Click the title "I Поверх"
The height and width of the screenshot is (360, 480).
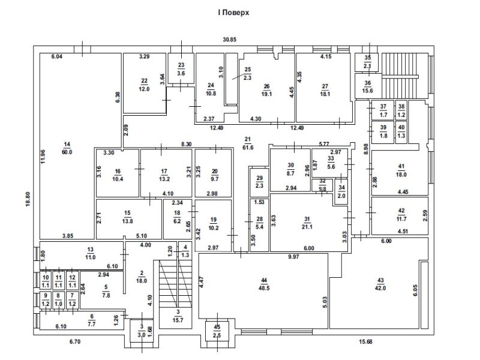[x=233, y=13]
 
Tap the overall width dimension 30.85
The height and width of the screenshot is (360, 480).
[x=230, y=40]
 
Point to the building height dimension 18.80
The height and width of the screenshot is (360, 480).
[x=28, y=199]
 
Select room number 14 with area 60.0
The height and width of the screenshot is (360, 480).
[x=67, y=148]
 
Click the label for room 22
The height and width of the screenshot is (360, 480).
[x=144, y=85]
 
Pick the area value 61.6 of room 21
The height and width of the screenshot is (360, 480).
[x=248, y=148]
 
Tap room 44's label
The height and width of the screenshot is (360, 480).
[x=264, y=284]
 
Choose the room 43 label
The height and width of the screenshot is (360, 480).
[x=380, y=284]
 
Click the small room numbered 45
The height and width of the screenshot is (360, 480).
[x=217, y=331]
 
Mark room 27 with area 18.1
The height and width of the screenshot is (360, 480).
[x=325, y=91]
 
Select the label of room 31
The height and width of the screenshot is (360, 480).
[x=307, y=223]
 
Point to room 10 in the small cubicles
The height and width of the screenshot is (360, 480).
[x=46, y=281]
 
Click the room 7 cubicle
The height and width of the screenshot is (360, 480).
[x=72, y=300]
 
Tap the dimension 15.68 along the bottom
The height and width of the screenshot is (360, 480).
[x=365, y=341]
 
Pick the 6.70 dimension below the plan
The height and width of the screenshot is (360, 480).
[x=75, y=341]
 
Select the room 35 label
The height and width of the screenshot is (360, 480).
[x=368, y=62]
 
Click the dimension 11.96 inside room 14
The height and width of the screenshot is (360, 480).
[x=43, y=156]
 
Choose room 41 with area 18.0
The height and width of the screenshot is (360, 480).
[x=401, y=170]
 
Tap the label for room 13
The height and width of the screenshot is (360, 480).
[x=91, y=253]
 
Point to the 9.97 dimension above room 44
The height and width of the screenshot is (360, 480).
[x=293, y=257]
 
